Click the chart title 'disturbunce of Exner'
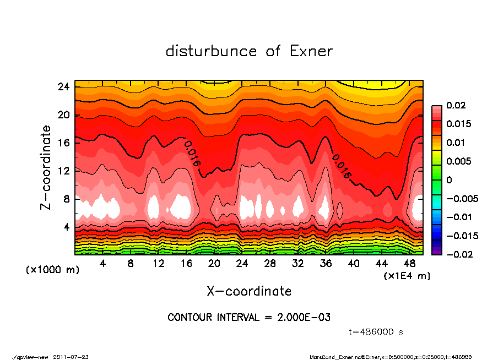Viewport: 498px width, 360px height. coord(249,51)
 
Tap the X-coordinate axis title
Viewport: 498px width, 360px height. coord(249,291)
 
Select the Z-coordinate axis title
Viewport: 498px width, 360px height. coord(46,167)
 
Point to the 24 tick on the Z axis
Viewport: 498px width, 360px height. coord(63,87)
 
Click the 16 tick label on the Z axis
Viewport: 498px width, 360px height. coord(63,143)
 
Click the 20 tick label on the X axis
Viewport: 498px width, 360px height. coord(214,264)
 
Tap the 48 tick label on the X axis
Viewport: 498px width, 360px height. coord(409,264)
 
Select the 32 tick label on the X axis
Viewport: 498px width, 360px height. coord(298,264)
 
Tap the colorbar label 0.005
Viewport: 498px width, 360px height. coord(458,161)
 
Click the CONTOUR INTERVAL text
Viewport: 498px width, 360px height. coord(249,318)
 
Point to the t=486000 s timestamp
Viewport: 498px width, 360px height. coord(377,332)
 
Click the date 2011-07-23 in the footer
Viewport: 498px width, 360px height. coord(71,357)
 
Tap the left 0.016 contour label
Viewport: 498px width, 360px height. coord(192,154)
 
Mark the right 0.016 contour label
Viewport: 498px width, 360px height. coord(341,166)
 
